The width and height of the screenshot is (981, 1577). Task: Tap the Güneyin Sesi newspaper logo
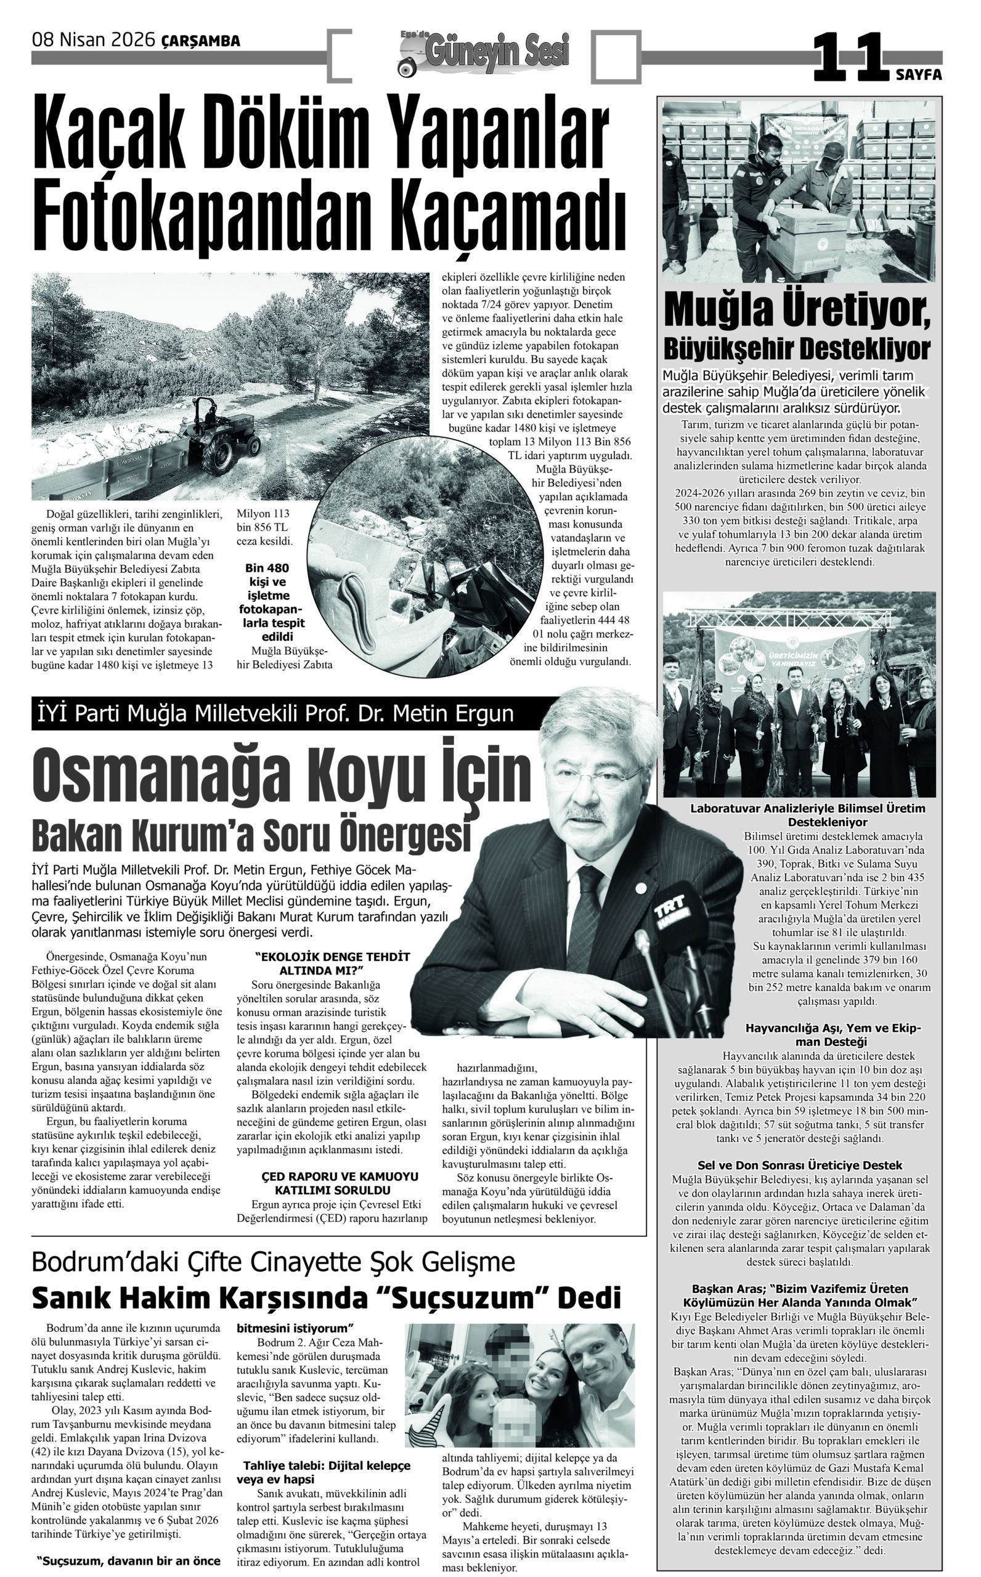tap(483, 52)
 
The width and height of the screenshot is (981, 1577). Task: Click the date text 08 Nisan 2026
tap(94, 40)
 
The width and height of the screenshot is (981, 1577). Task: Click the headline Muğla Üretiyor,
tap(797, 312)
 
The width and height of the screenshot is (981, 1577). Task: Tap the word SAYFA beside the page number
tap(919, 75)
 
